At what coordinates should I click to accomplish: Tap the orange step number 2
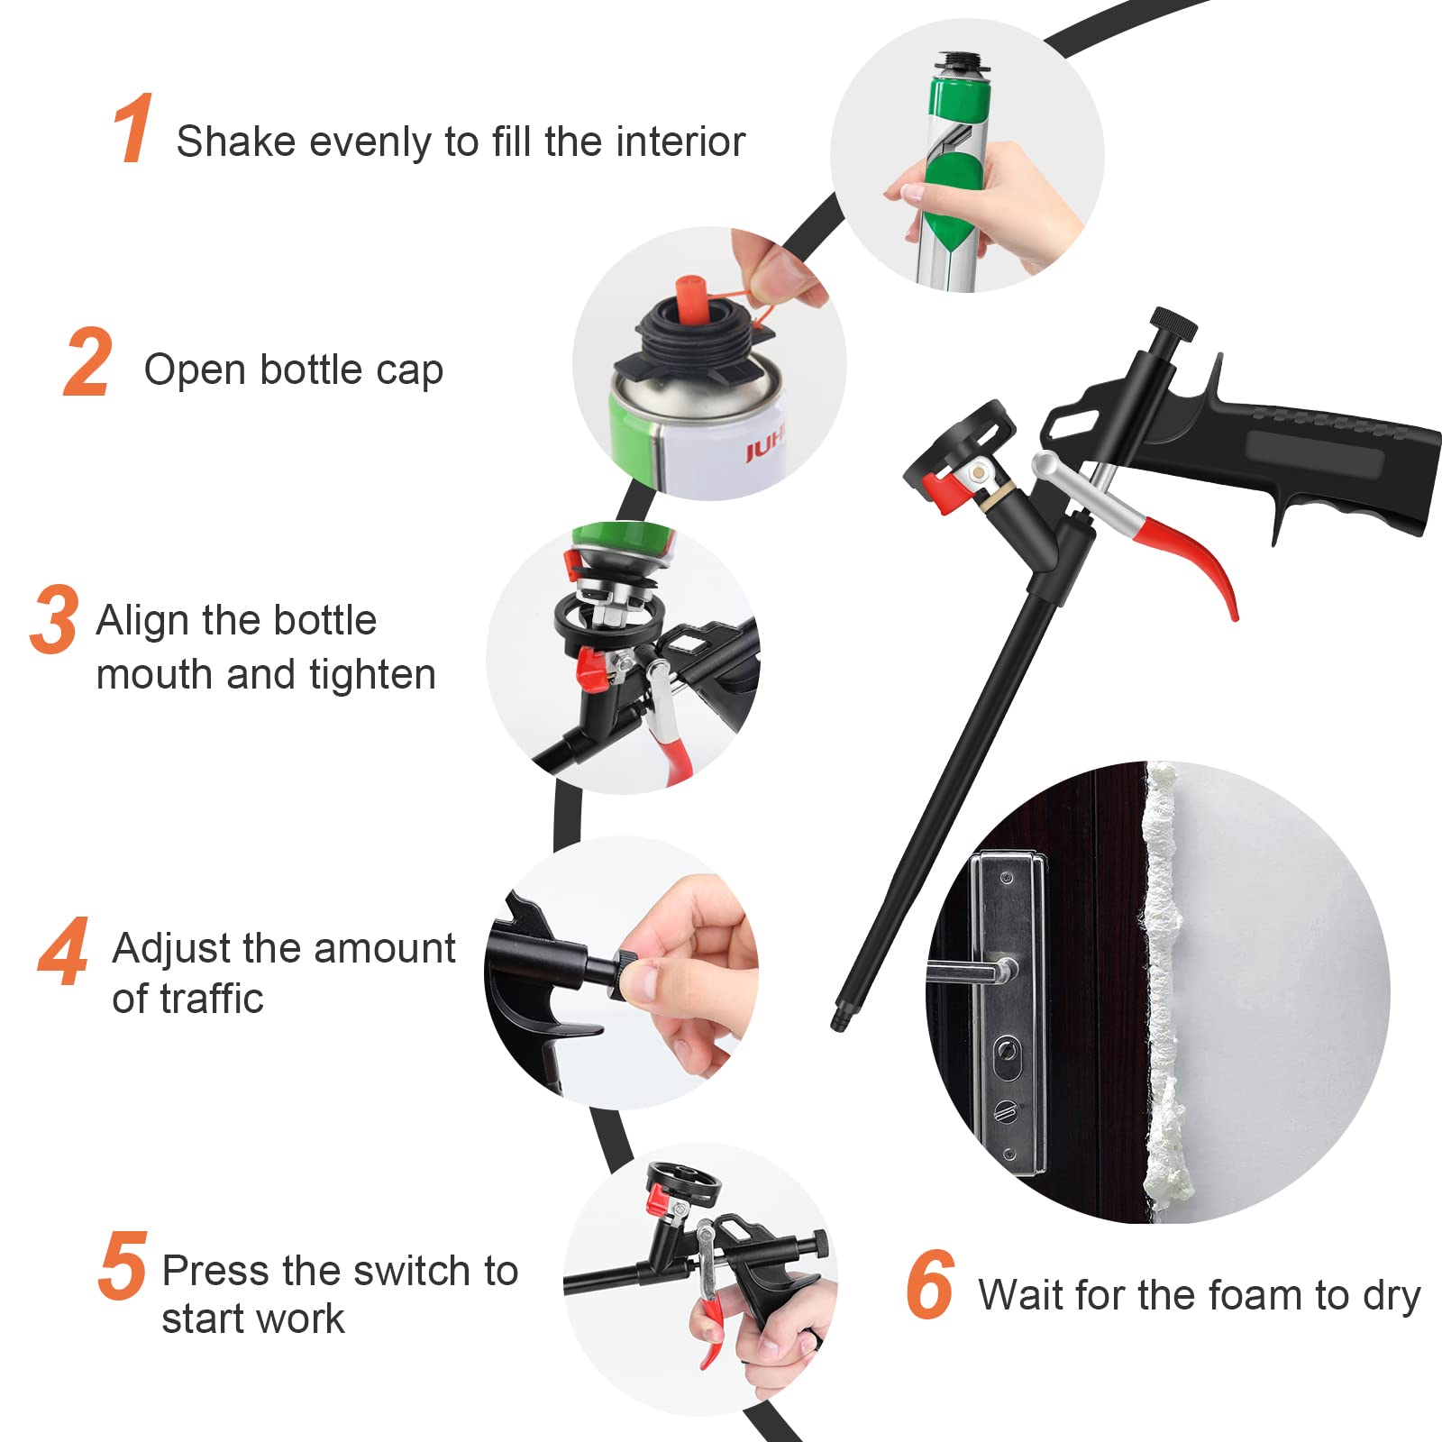click(x=88, y=363)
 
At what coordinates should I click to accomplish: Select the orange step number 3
click(x=54, y=619)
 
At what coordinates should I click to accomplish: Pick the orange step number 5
click(x=122, y=1266)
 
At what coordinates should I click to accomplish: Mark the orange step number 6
click(x=930, y=1285)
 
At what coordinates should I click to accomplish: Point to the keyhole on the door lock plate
click(x=1007, y=1051)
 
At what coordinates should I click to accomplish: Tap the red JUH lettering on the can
click(x=764, y=448)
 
